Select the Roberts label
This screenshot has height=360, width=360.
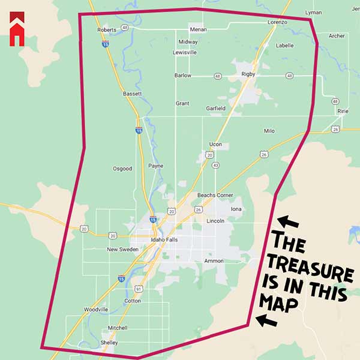[106, 29]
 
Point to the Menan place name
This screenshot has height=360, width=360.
[198, 29]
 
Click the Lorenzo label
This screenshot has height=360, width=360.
[278, 22]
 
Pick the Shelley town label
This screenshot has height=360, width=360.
[109, 343]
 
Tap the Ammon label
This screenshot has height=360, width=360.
[214, 261]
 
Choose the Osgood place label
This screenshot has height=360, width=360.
[122, 169]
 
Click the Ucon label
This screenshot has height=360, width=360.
[215, 145]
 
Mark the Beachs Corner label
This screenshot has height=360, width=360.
[215, 196]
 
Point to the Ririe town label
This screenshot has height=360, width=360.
[343, 111]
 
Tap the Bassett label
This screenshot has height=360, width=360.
[132, 94]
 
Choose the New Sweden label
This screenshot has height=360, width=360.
[122, 249]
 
